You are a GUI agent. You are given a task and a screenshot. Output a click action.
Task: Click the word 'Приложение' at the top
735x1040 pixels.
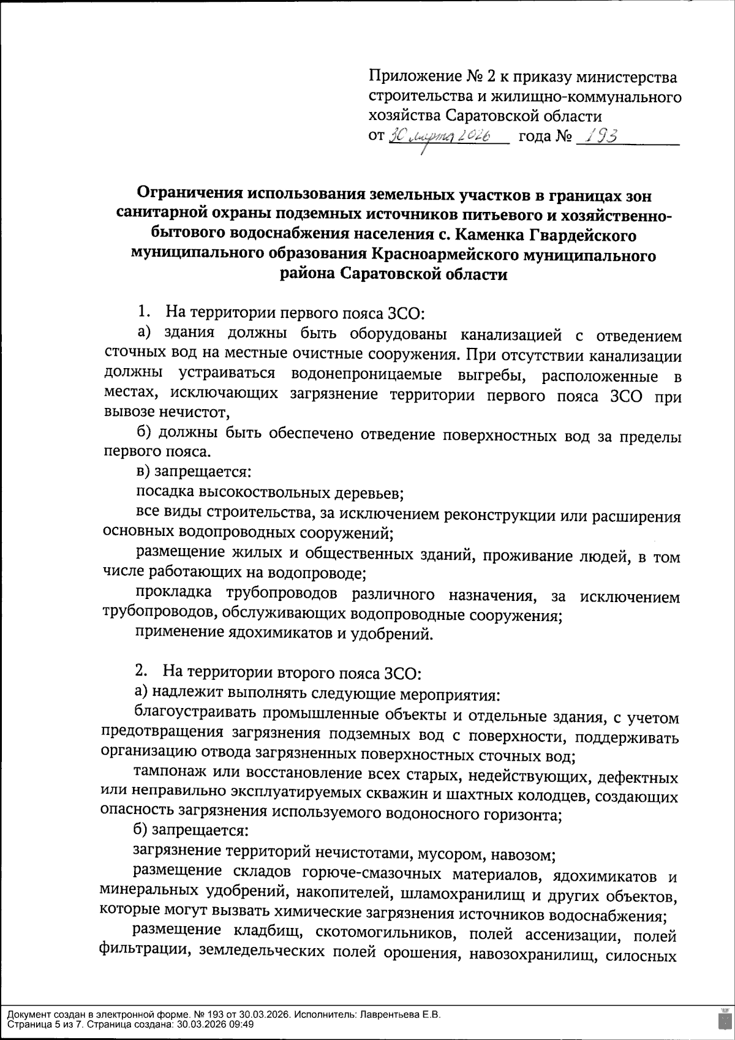tap(413, 78)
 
